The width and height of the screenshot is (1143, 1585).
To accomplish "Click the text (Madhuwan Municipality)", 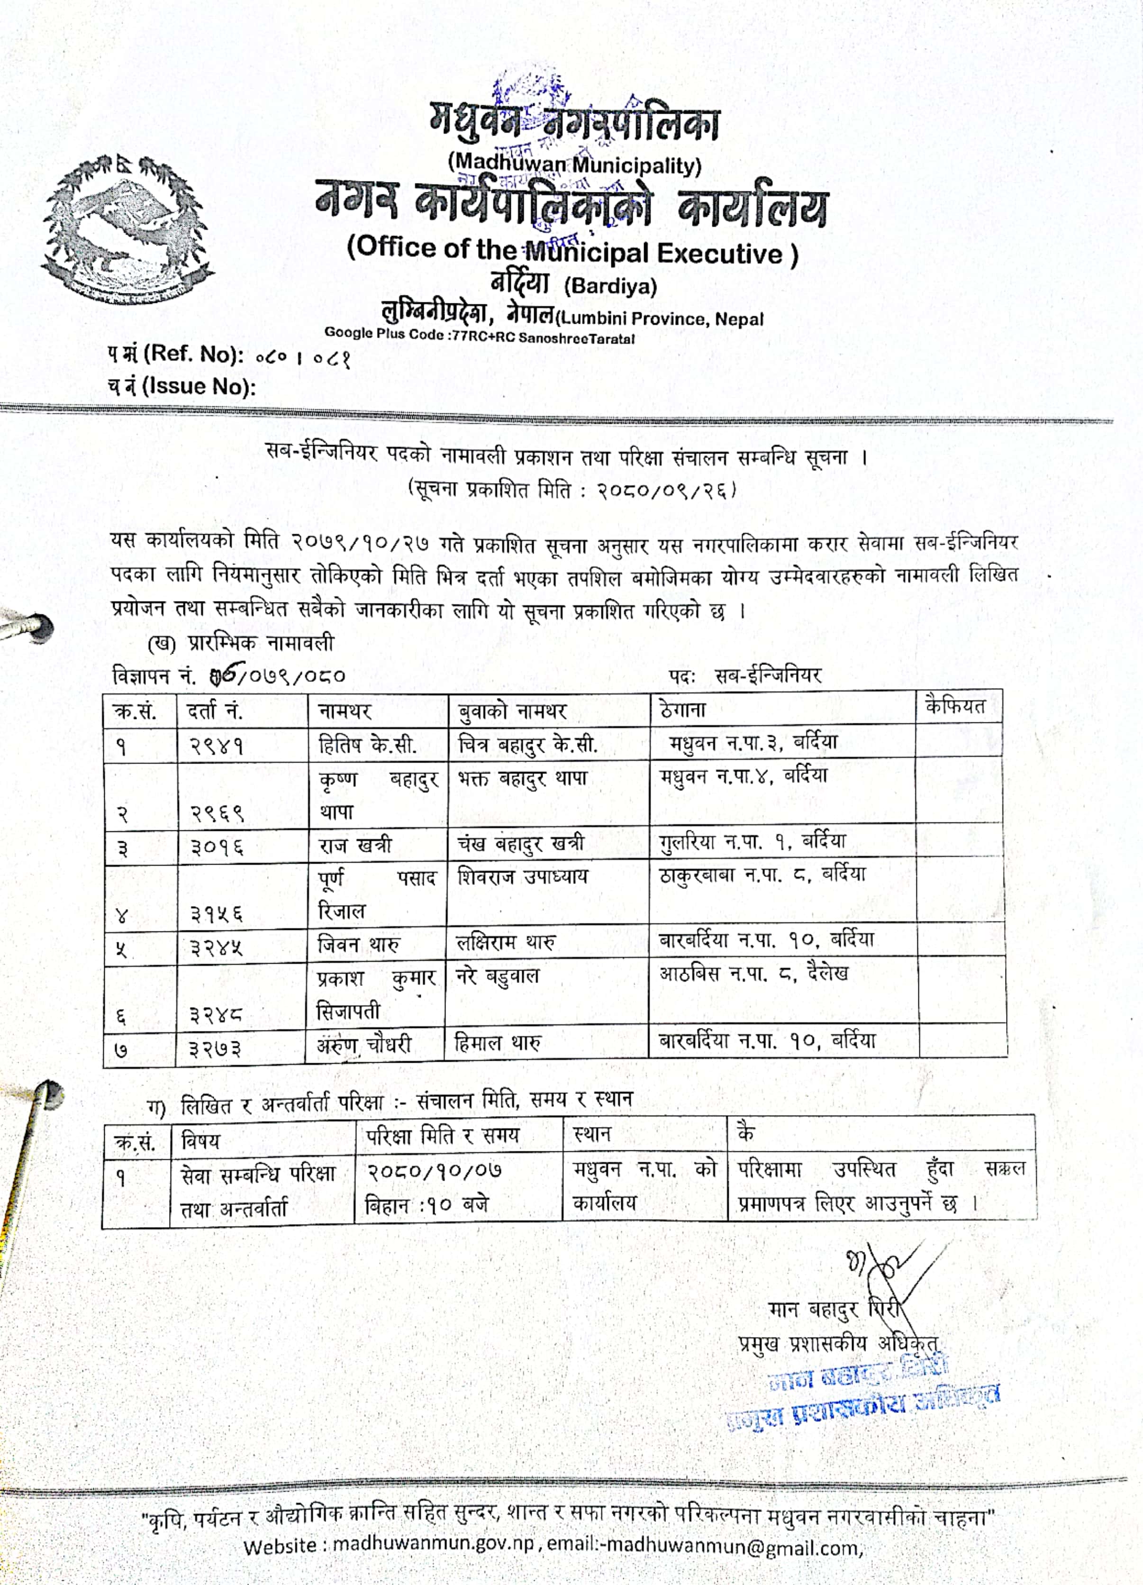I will click(x=574, y=165).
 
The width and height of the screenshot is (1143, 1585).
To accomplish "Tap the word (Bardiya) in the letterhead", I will click(x=610, y=287).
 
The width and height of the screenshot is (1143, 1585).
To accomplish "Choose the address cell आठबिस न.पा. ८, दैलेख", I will click(x=754, y=974).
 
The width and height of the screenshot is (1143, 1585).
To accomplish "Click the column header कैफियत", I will click(x=954, y=707).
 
